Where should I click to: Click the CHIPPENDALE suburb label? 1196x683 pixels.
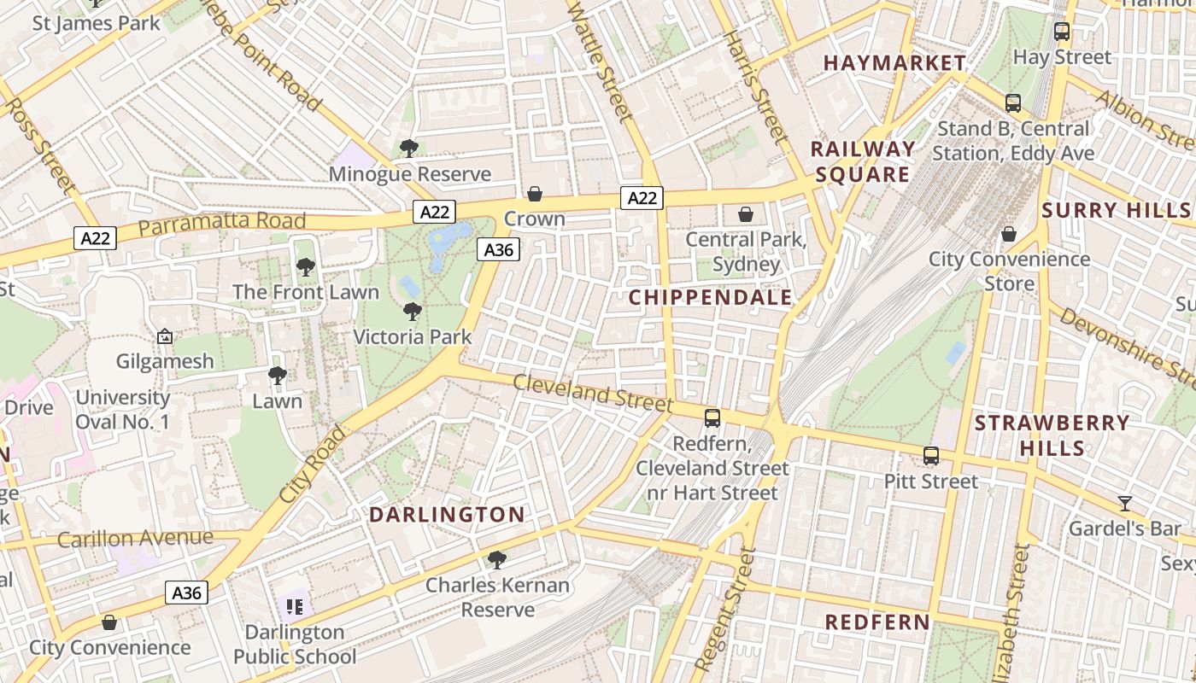[711, 298]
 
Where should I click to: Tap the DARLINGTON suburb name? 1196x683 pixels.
[447, 515]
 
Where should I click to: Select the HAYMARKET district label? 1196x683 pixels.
[894, 63]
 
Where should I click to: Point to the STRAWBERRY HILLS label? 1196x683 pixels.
[1052, 435]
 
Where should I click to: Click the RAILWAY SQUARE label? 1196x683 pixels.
[862, 161]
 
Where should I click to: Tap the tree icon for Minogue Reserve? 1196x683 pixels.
[409, 148]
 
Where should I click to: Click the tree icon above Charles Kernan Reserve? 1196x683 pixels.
[496, 560]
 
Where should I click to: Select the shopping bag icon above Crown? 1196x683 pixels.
[535, 194]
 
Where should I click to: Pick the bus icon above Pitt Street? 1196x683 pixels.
[931, 456]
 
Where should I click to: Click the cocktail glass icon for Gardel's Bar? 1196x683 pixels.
[1125, 503]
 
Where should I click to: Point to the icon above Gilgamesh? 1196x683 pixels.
[165, 336]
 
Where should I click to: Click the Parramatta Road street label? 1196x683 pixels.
[221, 224]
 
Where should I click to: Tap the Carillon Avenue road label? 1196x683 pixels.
[135, 539]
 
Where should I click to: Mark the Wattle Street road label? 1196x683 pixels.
[600, 60]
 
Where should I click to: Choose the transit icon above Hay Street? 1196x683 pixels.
[1062, 32]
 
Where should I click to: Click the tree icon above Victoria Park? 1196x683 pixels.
[413, 312]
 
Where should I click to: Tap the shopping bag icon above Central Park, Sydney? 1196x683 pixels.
[746, 213]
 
